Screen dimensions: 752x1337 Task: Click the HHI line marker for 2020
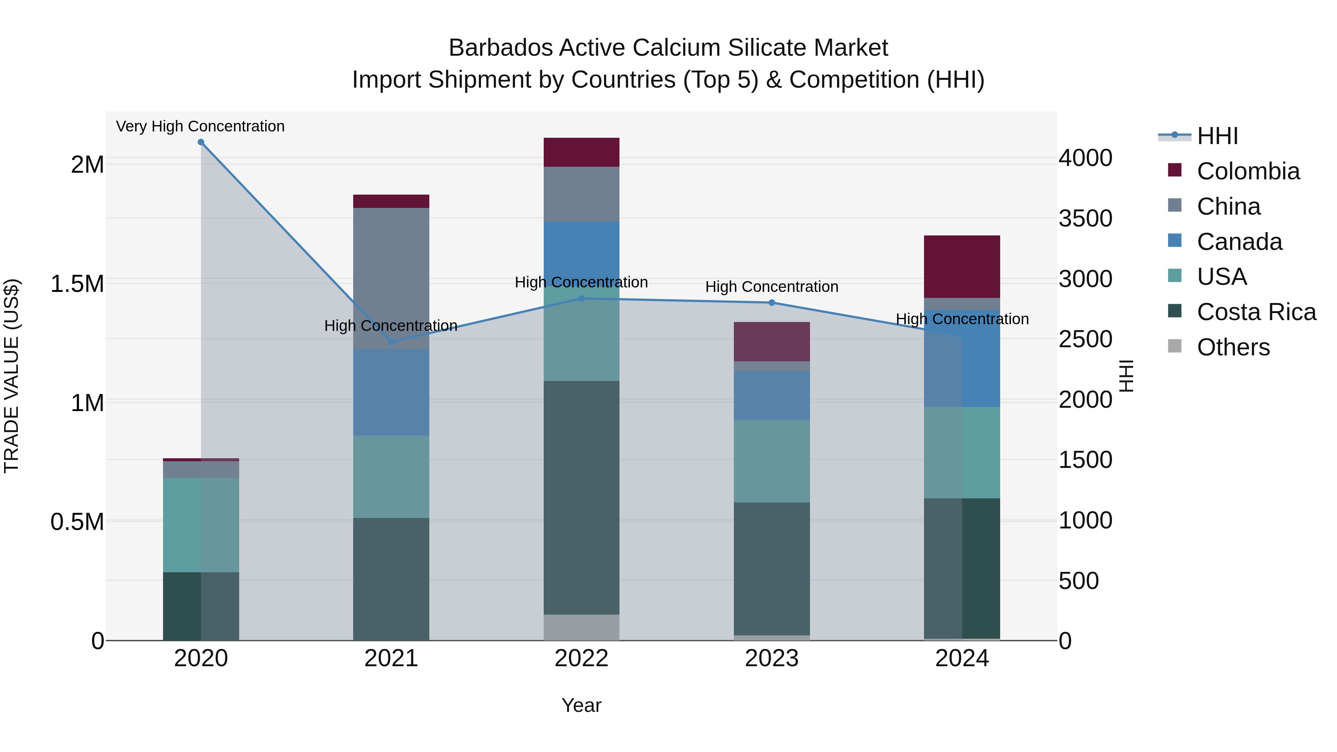click(x=201, y=142)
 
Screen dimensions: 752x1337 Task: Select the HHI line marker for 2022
click(x=581, y=299)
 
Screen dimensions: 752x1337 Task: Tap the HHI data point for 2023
click(x=771, y=303)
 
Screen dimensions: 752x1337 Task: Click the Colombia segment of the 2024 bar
click(x=962, y=266)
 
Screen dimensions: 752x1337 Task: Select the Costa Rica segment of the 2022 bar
click(x=581, y=497)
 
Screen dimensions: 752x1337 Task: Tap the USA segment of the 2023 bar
click(x=771, y=461)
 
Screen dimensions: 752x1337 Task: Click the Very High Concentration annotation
click(x=200, y=127)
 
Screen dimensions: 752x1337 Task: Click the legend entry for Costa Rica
click(x=1256, y=312)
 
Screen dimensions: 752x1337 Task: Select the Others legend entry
click(x=1233, y=347)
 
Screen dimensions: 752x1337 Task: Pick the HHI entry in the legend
click(x=1217, y=136)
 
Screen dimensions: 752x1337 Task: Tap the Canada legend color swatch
click(x=1175, y=241)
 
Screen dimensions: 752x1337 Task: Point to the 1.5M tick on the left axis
click(x=77, y=284)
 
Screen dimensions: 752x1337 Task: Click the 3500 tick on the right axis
click(x=1085, y=218)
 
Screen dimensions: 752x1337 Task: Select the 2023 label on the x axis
click(x=771, y=658)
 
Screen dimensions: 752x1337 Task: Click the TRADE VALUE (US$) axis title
click(x=12, y=376)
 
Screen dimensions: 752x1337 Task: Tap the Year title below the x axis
click(x=581, y=705)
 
